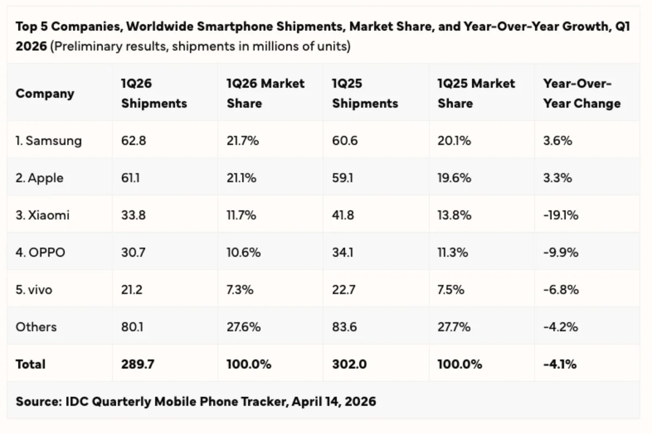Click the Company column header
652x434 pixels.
[x=45, y=93]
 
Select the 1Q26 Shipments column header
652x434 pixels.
[x=154, y=93]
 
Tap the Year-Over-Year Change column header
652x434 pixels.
[x=581, y=93]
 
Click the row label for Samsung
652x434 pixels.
[x=48, y=141]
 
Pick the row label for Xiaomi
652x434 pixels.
[x=42, y=215]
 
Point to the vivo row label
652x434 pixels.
[x=34, y=290]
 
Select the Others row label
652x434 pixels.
[x=36, y=327]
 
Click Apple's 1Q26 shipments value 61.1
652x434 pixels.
[x=130, y=178]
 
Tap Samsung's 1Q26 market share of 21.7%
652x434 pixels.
[x=242, y=141]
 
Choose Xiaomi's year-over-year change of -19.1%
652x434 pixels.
[x=561, y=215]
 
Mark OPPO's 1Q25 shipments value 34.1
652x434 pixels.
[x=342, y=253]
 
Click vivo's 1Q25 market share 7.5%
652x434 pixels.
[x=451, y=290]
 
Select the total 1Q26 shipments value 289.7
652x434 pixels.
[x=137, y=364]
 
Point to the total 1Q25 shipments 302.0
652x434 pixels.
[x=349, y=364]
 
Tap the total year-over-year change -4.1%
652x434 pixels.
[x=560, y=364]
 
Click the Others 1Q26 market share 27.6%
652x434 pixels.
[x=243, y=327]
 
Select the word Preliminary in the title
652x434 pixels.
[x=86, y=47]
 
